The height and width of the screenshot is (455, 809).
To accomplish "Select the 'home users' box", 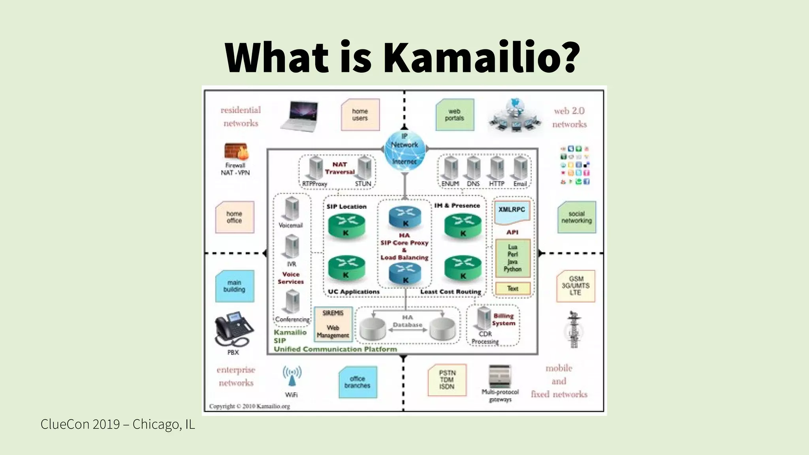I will tap(360, 115).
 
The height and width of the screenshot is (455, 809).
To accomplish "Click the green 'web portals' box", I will tap(455, 115).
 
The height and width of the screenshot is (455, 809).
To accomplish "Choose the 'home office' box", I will tap(235, 217).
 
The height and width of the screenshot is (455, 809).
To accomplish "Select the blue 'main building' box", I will tap(235, 286).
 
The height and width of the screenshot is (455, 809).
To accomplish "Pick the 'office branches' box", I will tap(357, 382).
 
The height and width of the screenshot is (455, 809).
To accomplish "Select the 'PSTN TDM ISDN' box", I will tap(447, 380).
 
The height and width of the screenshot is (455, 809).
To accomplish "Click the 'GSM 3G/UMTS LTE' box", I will tap(576, 286).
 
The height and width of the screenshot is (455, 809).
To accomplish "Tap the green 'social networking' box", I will tap(576, 217).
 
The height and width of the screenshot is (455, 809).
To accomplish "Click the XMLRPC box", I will tap(512, 212).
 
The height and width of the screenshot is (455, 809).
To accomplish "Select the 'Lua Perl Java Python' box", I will tap(513, 258).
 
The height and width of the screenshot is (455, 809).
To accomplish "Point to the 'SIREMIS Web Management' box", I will tap(333, 324).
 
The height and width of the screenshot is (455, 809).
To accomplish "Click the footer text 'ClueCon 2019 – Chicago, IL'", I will tap(118, 425).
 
